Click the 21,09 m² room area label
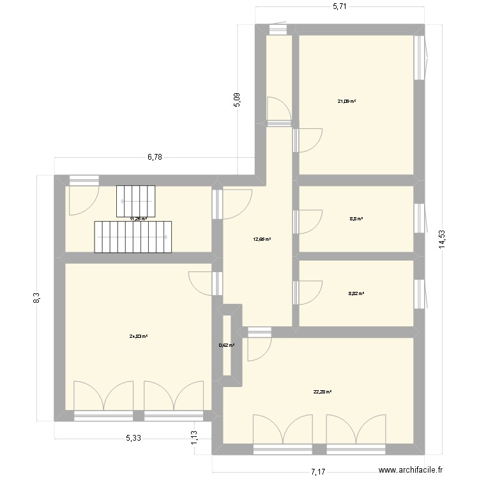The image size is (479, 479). point(347,101)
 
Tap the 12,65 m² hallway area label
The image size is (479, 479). point(262,240)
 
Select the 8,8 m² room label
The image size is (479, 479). point(356,219)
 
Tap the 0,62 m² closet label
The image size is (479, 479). point(227,346)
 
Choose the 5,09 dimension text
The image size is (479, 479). point(237,100)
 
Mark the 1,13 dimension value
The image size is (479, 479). point(194,437)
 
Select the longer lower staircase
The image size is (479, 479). point(133,237)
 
